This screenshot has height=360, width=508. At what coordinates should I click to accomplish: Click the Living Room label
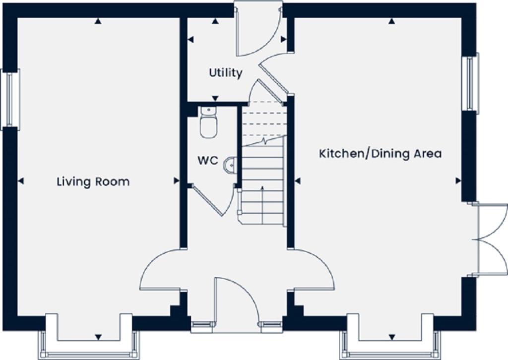click(93, 181)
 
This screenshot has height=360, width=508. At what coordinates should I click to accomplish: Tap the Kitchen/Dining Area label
click(380, 153)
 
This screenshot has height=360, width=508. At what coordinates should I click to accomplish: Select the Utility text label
click(225, 73)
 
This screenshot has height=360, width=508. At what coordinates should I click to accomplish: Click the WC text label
click(208, 161)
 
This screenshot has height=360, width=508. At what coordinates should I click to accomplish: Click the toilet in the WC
click(209, 122)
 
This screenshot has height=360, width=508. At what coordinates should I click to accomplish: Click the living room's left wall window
click(10, 100)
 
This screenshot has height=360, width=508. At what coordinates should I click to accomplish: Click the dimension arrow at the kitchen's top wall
click(391, 21)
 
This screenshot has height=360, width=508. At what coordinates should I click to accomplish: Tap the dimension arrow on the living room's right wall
click(176, 181)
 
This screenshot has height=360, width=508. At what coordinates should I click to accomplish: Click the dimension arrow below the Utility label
click(215, 99)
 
